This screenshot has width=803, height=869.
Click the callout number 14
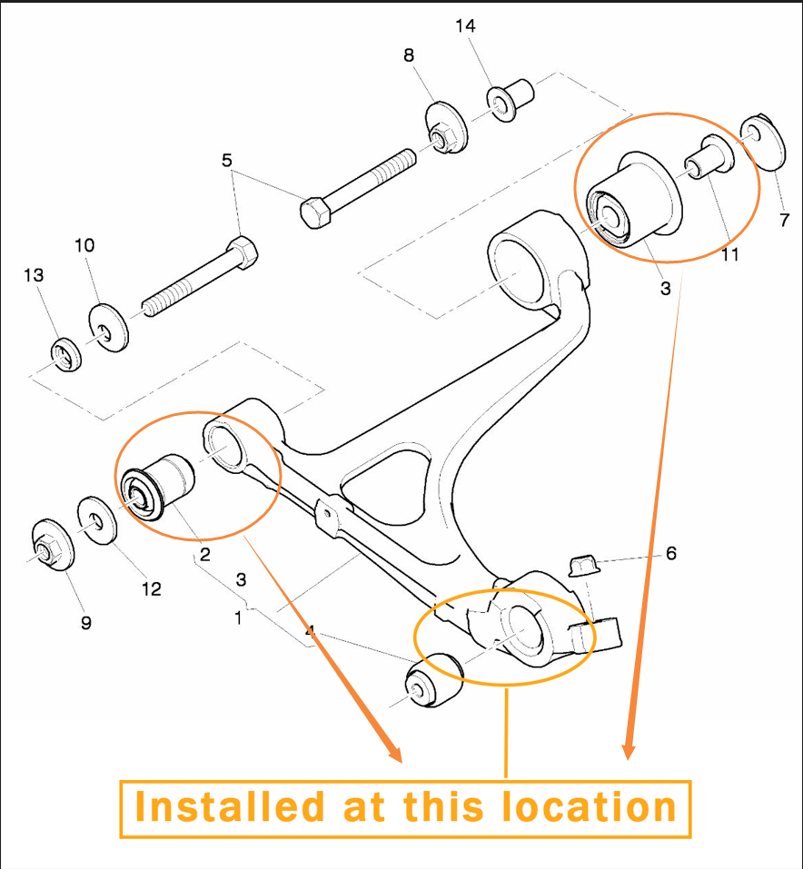tap(465, 26)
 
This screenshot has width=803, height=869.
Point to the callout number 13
tap(34, 275)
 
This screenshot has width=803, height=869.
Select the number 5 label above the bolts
tap(227, 161)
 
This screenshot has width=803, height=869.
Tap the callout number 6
tap(671, 553)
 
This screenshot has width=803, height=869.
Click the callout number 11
tap(729, 254)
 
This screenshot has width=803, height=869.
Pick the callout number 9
tap(86, 623)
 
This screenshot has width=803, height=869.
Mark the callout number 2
tap(205, 554)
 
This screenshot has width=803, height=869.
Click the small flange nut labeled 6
tap(585, 565)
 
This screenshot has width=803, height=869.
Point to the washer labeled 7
tap(764, 143)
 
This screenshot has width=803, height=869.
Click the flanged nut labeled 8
tap(446, 128)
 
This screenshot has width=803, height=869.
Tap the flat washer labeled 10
tap(109, 327)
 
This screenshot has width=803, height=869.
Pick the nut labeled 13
tap(66, 355)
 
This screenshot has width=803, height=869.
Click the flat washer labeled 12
tap(97, 520)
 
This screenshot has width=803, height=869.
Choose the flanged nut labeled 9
tap(53, 545)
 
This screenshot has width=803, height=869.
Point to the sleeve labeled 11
tap(709, 158)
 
